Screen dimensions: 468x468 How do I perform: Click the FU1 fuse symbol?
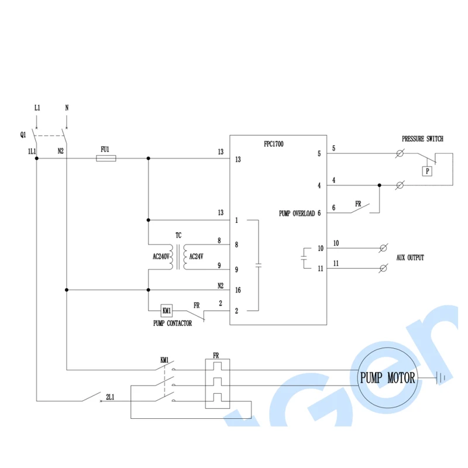[106, 158]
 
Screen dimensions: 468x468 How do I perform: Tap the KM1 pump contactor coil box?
[167, 311]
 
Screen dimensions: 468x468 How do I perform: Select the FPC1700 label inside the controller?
[274, 144]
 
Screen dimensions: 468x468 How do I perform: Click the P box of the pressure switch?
[427, 171]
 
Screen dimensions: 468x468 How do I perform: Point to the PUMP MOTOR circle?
[388, 348]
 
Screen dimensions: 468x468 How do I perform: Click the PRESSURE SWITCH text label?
[422, 139]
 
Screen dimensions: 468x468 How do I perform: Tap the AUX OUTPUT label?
[410, 257]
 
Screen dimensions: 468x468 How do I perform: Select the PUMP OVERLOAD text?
[297, 214]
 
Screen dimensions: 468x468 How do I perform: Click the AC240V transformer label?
[161, 256]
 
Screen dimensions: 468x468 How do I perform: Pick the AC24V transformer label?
[197, 256]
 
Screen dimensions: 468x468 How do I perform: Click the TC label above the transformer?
[178, 235]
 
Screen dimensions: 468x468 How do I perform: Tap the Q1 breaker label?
[23, 135]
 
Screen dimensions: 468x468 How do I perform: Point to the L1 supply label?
[37, 108]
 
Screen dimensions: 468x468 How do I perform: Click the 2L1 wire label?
[110, 397]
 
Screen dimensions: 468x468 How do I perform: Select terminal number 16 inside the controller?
[238, 290]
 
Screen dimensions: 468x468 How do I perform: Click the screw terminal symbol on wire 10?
[384, 248]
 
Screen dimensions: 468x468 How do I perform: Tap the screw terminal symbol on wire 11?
[384, 269]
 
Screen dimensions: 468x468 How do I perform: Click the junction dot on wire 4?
[379, 185]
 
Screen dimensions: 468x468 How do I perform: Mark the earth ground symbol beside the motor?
[441, 378]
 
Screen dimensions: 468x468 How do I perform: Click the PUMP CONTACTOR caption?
[173, 324]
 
